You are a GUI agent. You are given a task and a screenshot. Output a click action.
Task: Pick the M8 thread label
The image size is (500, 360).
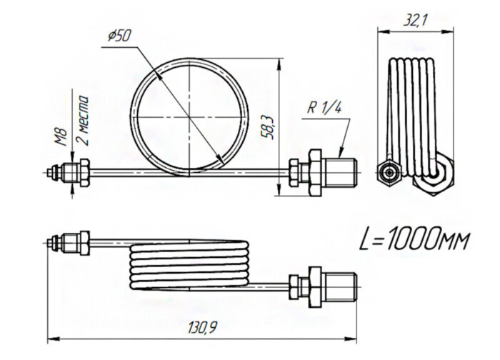coord(61,136)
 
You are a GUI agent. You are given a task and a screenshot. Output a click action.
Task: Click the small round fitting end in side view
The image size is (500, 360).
coord(388,172)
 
